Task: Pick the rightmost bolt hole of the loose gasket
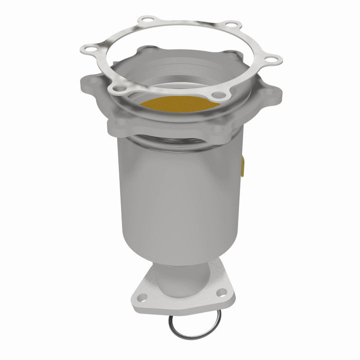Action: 270,59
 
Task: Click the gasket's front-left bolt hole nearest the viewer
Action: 118,88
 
